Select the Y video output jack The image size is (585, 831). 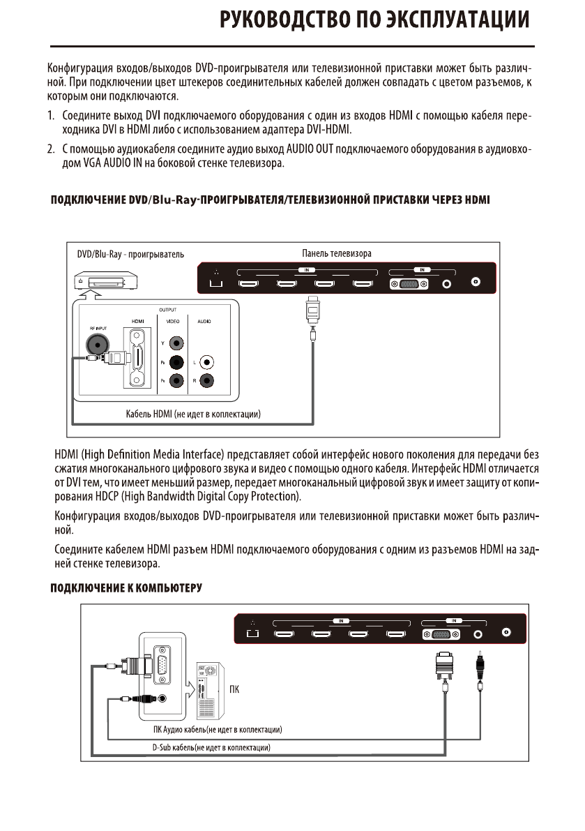177,343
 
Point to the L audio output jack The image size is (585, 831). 206,362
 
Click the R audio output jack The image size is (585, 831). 206,381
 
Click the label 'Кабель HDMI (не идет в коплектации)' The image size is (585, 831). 193,415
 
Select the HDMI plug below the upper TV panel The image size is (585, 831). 314,307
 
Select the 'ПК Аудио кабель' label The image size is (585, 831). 217,730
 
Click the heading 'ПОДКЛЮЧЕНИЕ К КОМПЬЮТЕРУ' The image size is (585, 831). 126,587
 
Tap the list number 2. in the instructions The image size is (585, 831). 51,149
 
